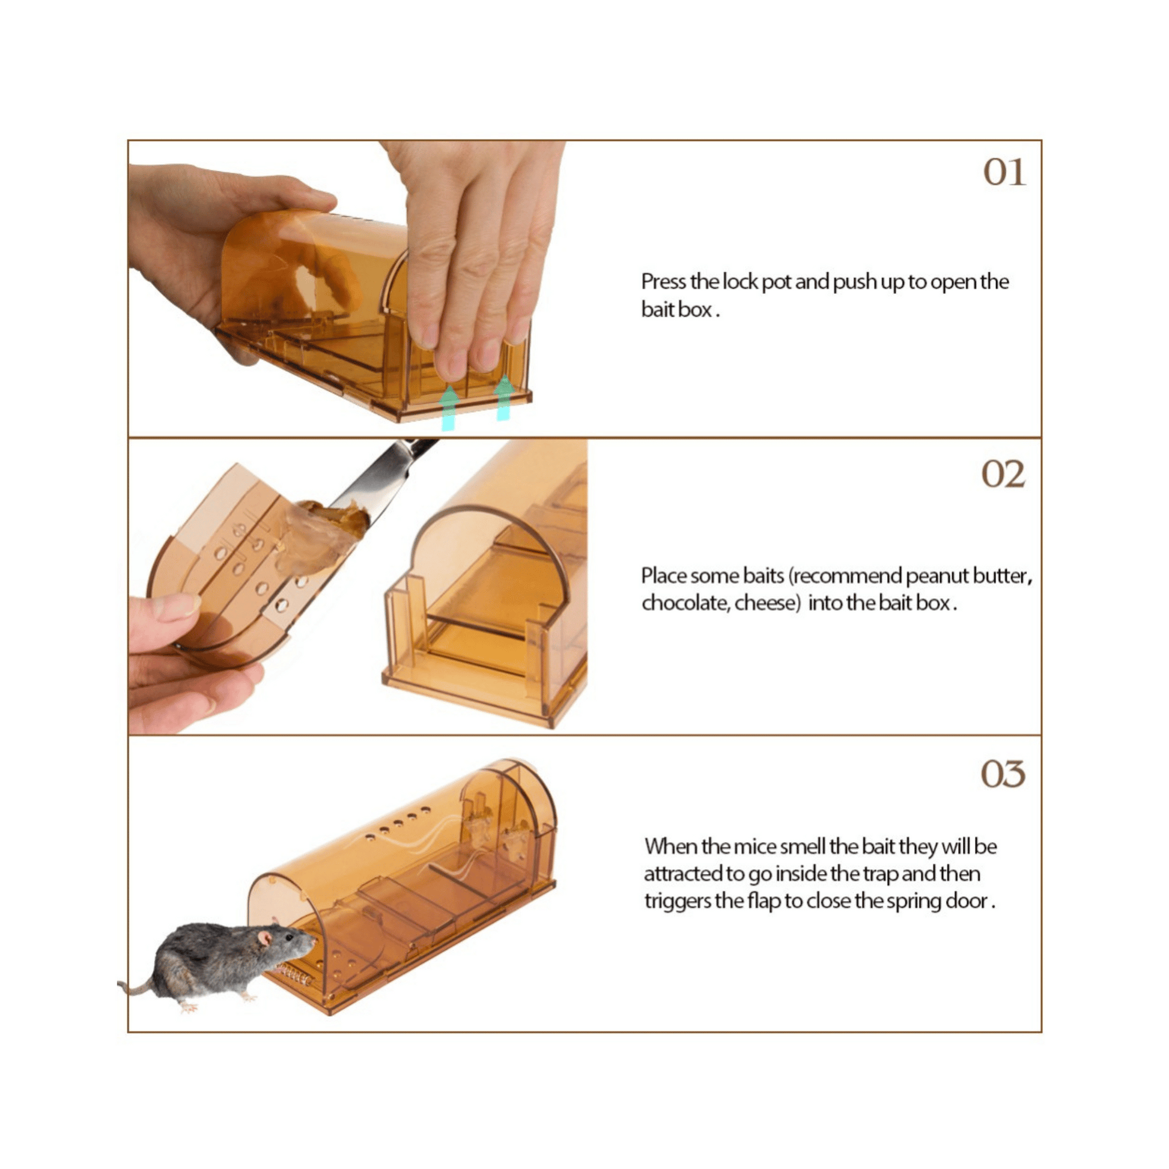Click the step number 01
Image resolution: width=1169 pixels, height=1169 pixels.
click(1004, 172)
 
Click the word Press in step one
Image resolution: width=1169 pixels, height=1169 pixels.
click(664, 282)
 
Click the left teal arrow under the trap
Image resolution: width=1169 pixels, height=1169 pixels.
click(448, 408)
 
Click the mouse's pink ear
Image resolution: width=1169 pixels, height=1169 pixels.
click(266, 938)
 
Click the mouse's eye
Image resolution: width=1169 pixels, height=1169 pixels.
click(289, 937)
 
